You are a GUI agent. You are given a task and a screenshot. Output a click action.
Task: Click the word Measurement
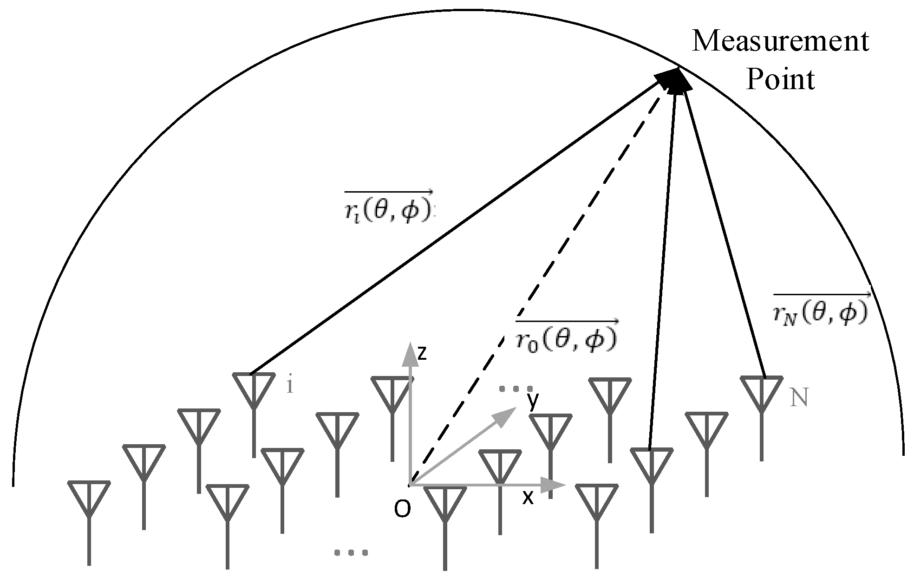click(780, 42)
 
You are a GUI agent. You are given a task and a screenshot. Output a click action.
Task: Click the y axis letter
click(533, 401)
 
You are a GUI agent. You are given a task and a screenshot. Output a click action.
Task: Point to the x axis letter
click(528, 498)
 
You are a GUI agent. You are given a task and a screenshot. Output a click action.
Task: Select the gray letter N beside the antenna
click(799, 398)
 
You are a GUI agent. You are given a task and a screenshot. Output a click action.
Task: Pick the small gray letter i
click(290, 386)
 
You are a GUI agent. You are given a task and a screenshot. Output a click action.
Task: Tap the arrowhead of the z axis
click(409, 353)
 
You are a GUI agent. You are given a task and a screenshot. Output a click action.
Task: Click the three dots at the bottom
click(351, 553)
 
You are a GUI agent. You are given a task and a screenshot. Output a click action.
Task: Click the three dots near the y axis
click(516, 389)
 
